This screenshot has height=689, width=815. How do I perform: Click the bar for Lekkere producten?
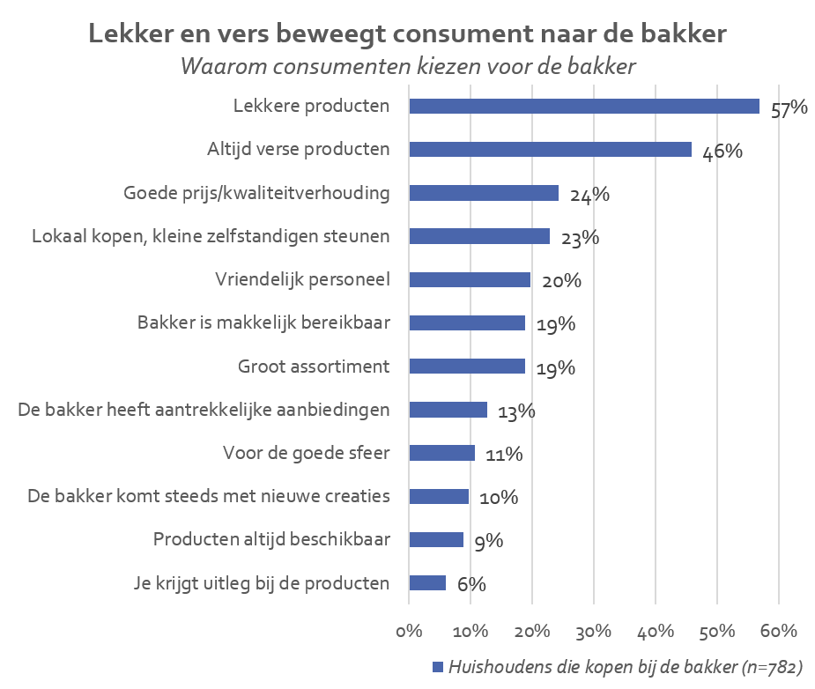pyautogui.click(x=584, y=107)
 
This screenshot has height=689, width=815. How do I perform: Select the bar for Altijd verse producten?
pyautogui.click(x=551, y=150)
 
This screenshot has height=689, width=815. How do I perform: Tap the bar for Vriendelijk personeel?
pyautogui.click(x=470, y=280)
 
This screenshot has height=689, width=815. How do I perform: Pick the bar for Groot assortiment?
pyautogui.click(x=468, y=367)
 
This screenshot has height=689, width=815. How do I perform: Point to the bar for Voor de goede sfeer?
pyautogui.click(x=442, y=453)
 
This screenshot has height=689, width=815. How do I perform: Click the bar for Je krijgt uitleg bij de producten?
pyautogui.click(x=428, y=583)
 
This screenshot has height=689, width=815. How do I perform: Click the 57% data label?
pyautogui.click(x=789, y=108)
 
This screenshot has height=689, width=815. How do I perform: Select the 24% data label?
pyautogui.click(x=589, y=195)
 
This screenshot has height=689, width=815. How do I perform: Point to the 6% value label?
pyautogui.click(x=471, y=584)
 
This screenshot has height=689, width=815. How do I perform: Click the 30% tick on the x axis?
pyautogui.click(x=594, y=631)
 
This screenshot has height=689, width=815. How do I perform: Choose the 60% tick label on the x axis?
pyautogui.click(x=778, y=631)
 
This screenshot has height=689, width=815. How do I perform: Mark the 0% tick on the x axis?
pyautogui.click(x=410, y=631)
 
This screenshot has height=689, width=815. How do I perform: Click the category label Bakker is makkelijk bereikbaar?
pyautogui.click(x=263, y=323)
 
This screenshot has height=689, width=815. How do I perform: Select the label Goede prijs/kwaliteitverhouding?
pyautogui.click(x=256, y=193)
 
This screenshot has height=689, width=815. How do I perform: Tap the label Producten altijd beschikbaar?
pyautogui.click(x=271, y=539)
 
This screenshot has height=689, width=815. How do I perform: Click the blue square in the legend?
pyautogui.click(x=438, y=667)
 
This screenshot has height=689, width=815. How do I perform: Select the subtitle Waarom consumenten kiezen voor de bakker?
pyautogui.click(x=407, y=67)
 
